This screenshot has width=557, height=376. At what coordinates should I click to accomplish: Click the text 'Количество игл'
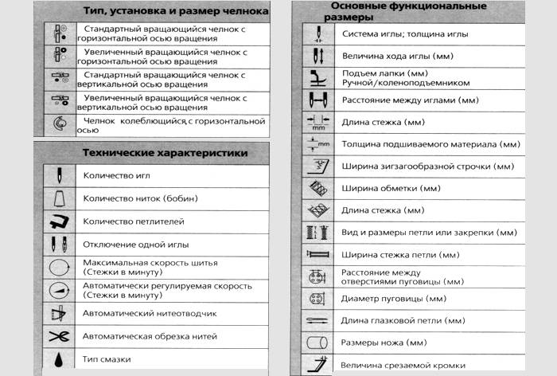(x=116, y=174)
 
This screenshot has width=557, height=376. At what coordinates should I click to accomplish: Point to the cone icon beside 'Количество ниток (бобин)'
(x=59, y=198)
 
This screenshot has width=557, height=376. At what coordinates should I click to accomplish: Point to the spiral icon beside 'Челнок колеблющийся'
(x=58, y=125)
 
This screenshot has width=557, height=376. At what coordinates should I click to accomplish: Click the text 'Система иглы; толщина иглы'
(x=404, y=35)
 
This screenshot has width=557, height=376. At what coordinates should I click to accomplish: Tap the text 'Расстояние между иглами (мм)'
(x=410, y=100)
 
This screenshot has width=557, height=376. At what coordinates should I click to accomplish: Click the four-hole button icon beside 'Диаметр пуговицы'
(x=316, y=300)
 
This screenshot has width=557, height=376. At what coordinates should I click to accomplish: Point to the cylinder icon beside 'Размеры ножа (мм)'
(x=316, y=343)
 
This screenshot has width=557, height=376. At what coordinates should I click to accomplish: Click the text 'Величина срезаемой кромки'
(x=404, y=364)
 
